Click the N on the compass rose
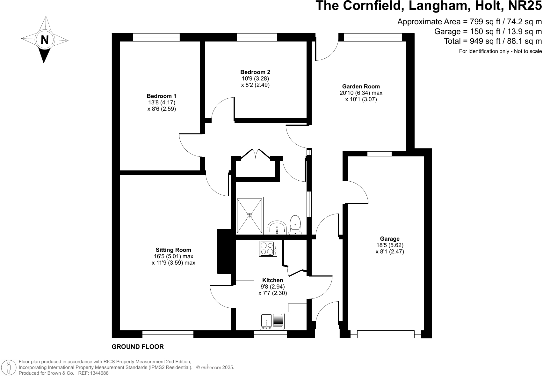point(45,40)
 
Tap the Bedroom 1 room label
point(162,96)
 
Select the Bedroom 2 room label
point(255,72)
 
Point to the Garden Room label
point(361,86)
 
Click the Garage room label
point(390,239)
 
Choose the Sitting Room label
point(173,250)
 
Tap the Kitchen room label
point(272,280)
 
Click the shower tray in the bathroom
point(250,215)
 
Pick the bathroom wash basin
point(277,227)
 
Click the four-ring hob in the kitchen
point(268,248)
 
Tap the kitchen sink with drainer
point(272,321)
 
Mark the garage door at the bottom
point(386,335)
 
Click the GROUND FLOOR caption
point(138,347)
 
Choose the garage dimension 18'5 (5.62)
point(390,245)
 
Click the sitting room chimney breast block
point(224,251)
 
